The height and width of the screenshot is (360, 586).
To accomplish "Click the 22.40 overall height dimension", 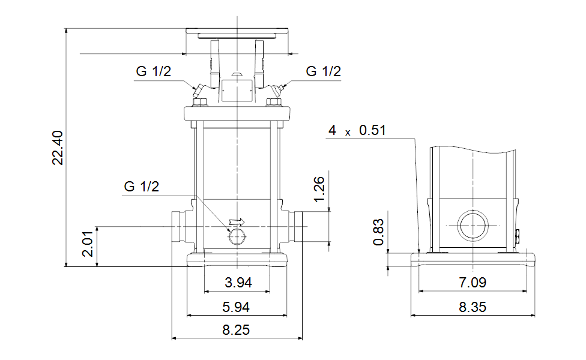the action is [x=58, y=148].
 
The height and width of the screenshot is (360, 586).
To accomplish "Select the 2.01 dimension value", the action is [x=88, y=244].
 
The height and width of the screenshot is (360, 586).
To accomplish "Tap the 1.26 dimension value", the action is [x=319, y=190].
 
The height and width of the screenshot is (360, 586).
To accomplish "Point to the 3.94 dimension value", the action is [x=238, y=283].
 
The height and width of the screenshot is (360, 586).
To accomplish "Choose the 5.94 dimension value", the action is [x=236, y=307].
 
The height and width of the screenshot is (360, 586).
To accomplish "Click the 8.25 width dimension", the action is [x=236, y=330].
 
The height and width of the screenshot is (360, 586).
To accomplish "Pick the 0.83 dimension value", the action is [x=379, y=232].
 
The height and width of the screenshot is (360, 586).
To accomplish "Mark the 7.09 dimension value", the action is [x=473, y=283].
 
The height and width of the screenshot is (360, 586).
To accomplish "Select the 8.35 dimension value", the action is [x=473, y=307].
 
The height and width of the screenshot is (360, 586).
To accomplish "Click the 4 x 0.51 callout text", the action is [x=357, y=130].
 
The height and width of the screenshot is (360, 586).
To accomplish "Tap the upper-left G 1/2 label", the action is [x=154, y=71].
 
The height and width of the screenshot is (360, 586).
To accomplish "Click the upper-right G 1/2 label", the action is [x=324, y=71].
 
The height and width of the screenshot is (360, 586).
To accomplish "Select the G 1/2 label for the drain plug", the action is [x=142, y=187].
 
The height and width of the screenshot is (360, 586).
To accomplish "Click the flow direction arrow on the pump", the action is [x=237, y=222].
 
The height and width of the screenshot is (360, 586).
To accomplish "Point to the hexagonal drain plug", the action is [x=237, y=236].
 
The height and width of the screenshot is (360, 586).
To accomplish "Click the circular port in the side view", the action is [x=473, y=226].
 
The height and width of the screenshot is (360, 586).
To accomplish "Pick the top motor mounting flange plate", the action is [x=237, y=31].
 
